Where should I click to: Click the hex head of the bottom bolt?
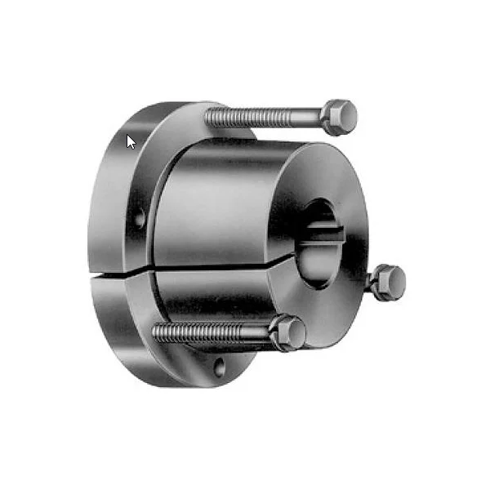click(x=289, y=332)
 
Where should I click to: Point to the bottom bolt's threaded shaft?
click(x=212, y=332)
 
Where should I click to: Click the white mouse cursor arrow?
click(x=131, y=142)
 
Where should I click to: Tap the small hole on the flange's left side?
click(x=140, y=218)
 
